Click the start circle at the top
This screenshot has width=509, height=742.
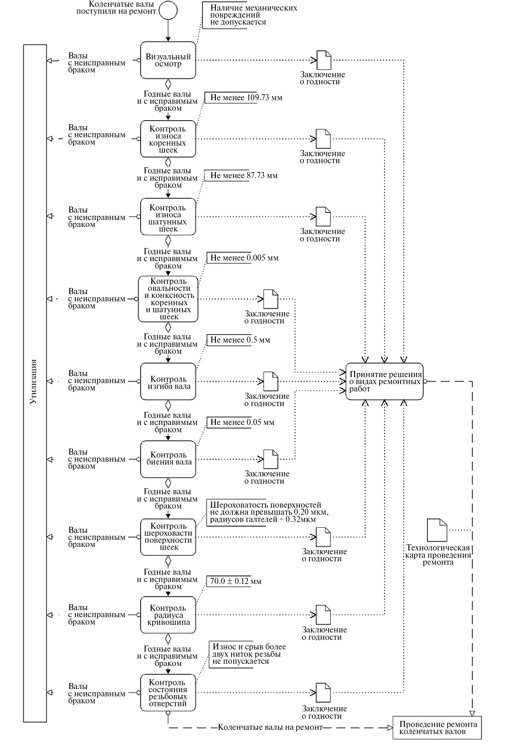coord(168,11)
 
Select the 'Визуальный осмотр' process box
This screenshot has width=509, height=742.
coord(168,60)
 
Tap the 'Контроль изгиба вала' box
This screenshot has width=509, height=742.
coord(168,381)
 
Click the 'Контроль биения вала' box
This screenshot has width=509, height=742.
coord(168,459)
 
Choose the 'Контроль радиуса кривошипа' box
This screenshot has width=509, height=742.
coord(168,615)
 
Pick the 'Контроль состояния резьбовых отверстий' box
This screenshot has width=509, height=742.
coord(168,693)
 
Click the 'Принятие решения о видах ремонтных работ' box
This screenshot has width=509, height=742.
coord(384,381)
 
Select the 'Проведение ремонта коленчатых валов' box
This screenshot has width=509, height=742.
coord(437,728)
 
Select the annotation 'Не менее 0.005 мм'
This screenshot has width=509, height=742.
coord(244,258)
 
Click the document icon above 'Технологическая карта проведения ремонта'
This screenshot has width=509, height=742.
coord(437,530)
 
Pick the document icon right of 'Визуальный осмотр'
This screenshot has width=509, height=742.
coord(324,60)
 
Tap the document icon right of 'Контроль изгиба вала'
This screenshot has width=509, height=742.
coord(271,381)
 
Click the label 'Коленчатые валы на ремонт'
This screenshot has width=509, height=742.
coord(270,727)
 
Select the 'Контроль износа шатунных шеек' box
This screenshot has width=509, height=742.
coord(168,217)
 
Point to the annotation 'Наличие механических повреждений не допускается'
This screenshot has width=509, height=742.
coord(254,15)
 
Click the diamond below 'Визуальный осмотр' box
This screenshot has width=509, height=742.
coord(168,85)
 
